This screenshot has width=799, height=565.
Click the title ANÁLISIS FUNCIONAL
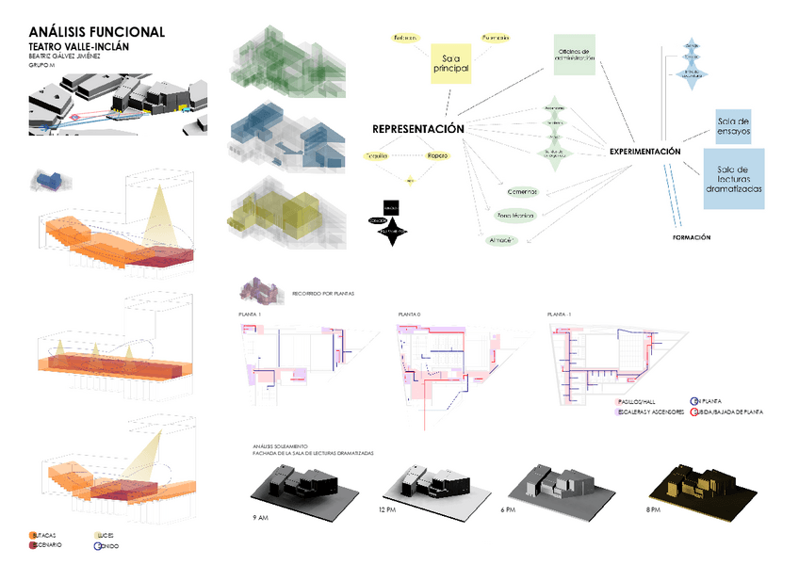pos(97,32)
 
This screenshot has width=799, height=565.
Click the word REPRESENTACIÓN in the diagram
pos(418,129)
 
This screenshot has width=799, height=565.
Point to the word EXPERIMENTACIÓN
pos(644,151)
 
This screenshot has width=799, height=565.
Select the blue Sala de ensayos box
pos(733,125)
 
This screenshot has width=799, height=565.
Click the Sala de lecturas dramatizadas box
pos(733,179)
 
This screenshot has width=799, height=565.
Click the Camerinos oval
pos(521,191)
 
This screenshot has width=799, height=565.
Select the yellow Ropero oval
pos(437,154)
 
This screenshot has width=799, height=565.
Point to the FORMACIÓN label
pos(692,237)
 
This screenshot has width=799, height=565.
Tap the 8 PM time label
pos(655,509)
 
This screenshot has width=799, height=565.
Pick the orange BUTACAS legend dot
pos(33,535)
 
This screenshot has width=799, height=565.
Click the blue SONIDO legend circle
pos(96,545)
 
